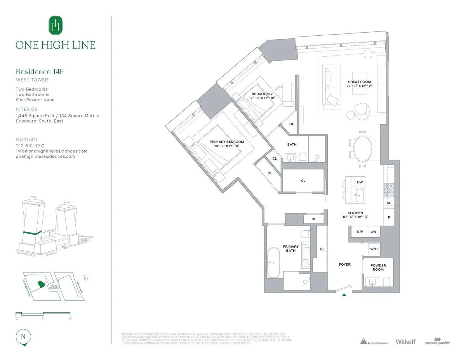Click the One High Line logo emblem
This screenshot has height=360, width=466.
56,25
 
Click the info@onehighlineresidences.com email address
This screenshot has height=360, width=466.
52,151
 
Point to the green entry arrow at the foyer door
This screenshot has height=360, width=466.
344,295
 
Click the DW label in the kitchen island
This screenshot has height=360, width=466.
360,182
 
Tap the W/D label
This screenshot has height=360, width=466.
374,249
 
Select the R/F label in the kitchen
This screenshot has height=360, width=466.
360,232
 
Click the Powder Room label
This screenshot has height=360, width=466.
378,267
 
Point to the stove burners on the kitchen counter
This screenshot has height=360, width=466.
389,190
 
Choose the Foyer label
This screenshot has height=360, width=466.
344,264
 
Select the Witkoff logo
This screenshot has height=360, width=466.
405,342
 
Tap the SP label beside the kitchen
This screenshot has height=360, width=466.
389,203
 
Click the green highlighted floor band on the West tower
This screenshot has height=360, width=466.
32,233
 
